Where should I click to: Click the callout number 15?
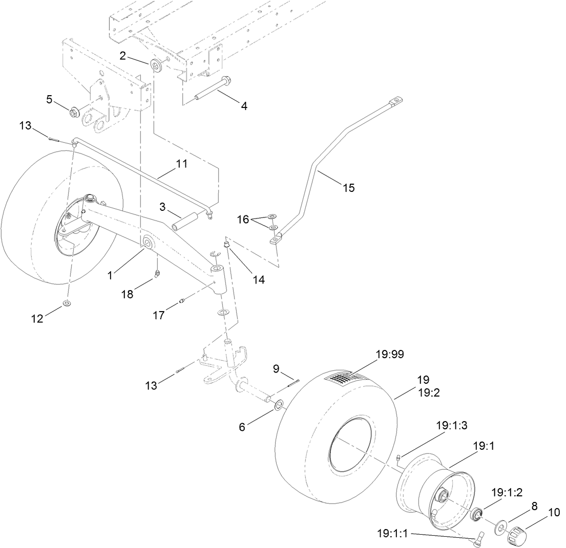tap(348, 188)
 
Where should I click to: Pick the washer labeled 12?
tap(67, 305)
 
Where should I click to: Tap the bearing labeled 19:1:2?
tap(477, 513)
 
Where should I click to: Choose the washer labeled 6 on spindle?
tap(279, 406)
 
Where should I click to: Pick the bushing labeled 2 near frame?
tap(155, 65)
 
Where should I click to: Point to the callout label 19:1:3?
tap(452, 425)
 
